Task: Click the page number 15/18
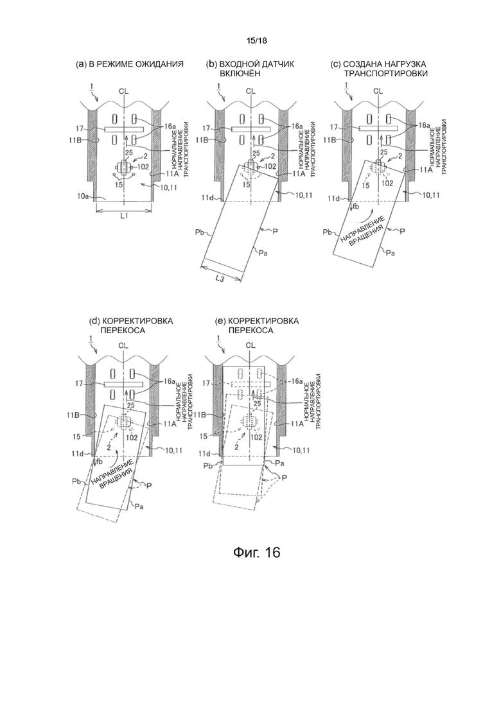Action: (256, 40)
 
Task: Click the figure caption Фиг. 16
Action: (256, 552)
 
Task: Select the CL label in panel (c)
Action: (378, 91)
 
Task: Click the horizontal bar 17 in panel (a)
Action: (124, 129)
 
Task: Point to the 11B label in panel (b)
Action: (203, 141)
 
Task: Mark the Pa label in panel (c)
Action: (391, 254)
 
